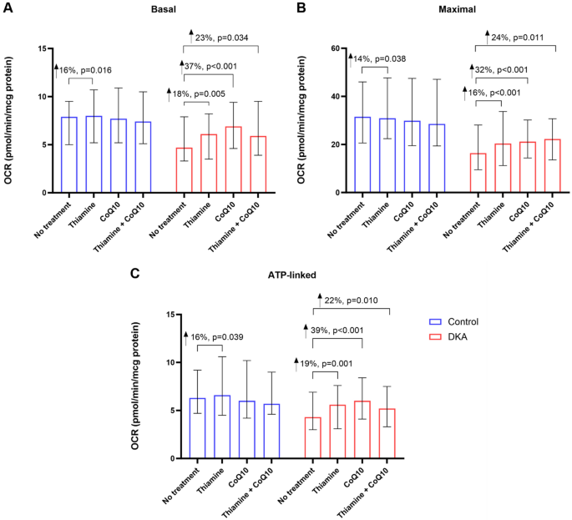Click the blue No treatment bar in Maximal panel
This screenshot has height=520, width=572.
point(362,154)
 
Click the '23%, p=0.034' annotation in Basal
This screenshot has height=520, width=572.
point(221,38)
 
